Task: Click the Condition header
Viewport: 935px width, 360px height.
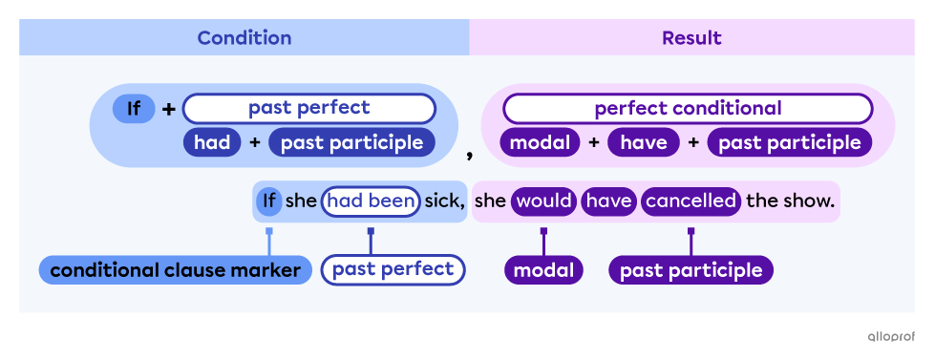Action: coord(244,38)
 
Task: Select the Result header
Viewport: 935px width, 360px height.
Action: coord(691,38)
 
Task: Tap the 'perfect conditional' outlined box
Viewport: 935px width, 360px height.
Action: coord(688,108)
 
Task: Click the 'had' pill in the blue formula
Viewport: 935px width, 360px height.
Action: coord(212,142)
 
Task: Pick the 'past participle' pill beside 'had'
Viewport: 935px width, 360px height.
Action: coord(351,142)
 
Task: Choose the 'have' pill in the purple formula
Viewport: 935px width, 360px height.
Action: coord(644,142)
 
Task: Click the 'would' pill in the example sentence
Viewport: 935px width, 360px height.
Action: coord(543,201)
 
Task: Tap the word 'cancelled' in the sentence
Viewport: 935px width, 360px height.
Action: coord(691,201)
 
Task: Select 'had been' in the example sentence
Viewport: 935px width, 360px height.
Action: coord(371,201)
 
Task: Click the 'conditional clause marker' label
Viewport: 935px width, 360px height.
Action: coord(176,270)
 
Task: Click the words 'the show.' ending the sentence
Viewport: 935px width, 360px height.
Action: coord(791,201)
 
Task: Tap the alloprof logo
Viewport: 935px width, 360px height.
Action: coord(890,336)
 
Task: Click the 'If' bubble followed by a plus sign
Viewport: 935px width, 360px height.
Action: coord(134,109)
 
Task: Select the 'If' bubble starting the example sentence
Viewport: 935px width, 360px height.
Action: coord(269,201)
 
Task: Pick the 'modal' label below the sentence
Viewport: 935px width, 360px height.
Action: coord(543,270)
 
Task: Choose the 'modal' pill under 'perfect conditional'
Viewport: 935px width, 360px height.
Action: coord(541,142)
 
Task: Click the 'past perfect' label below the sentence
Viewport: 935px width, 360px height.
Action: coord(393,269)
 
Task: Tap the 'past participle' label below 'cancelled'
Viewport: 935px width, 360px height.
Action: coord(691,270)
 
